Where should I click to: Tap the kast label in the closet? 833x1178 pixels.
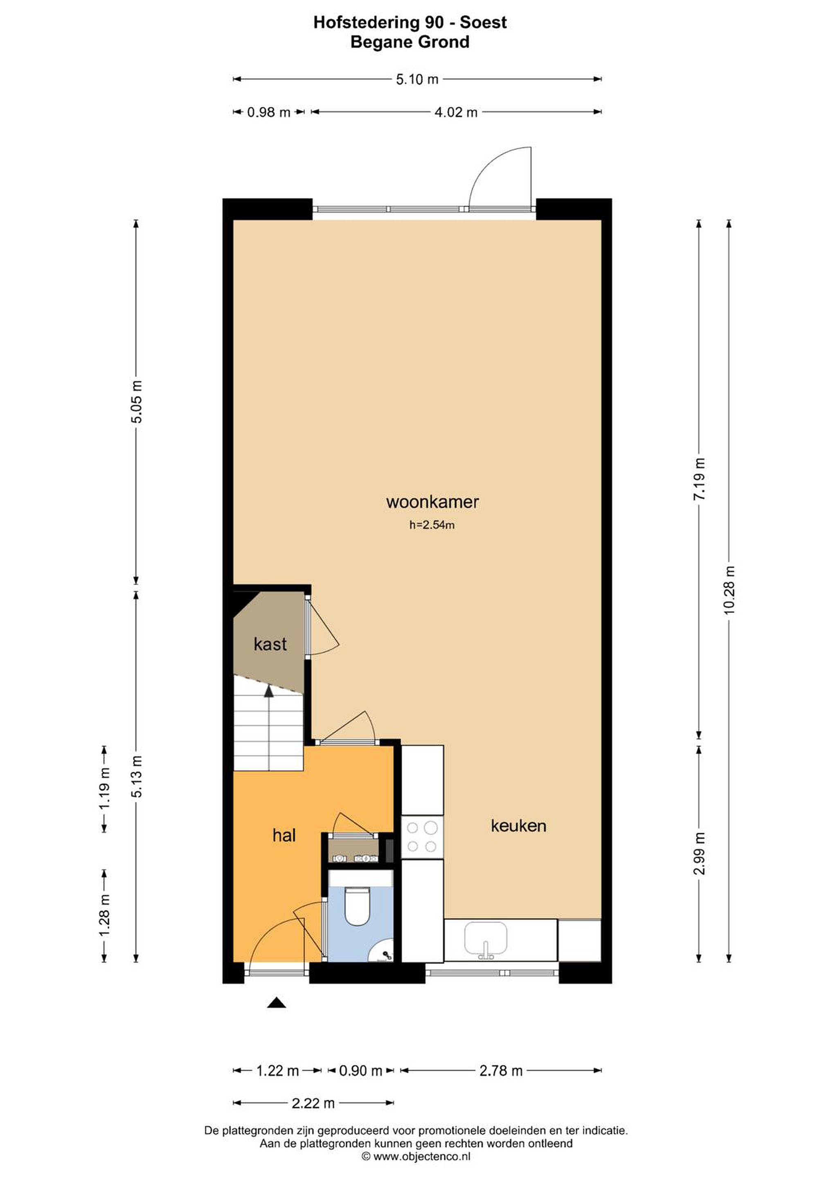[x=270, y=644]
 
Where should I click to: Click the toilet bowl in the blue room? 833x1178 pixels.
[x=357, y=906]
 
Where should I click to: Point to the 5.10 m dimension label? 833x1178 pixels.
[x=417, y=79]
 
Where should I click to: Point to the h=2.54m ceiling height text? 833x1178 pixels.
[x=432, y=524]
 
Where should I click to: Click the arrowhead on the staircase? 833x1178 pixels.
[x=268, y=691]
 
